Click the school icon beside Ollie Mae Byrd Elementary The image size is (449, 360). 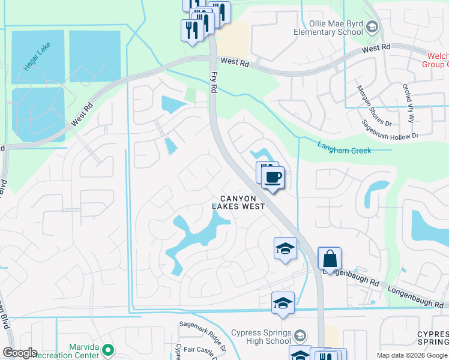pos(372,26)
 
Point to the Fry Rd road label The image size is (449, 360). pos(214,82)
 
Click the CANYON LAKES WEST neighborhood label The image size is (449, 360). pos(239,202)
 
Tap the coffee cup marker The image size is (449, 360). pos(273,177)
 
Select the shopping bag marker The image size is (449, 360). pos(330,259)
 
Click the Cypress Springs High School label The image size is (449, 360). pos(261,337)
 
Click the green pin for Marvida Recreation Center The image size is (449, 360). pos(108,349)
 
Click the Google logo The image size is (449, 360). pos(19,353)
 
